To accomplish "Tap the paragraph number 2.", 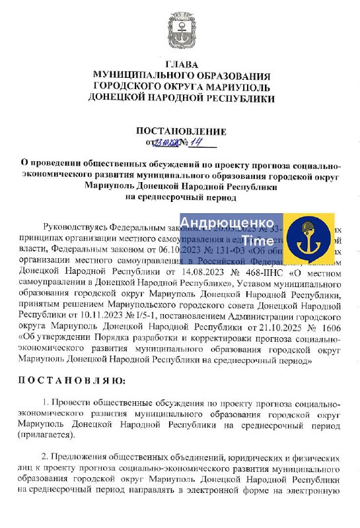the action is coord(44,457).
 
